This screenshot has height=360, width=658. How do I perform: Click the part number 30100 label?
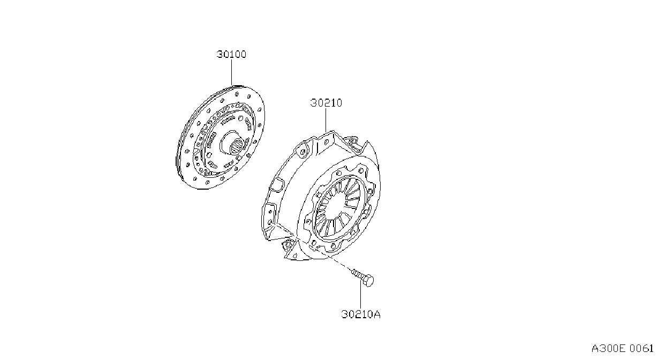point(231,54)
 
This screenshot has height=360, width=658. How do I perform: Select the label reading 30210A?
point(361,314)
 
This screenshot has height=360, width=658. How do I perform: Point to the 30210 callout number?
point(327,103)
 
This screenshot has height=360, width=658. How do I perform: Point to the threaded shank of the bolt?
point(358,274)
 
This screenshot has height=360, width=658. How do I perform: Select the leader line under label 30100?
point(231,72)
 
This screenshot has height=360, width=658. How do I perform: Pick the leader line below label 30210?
point(326,120)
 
